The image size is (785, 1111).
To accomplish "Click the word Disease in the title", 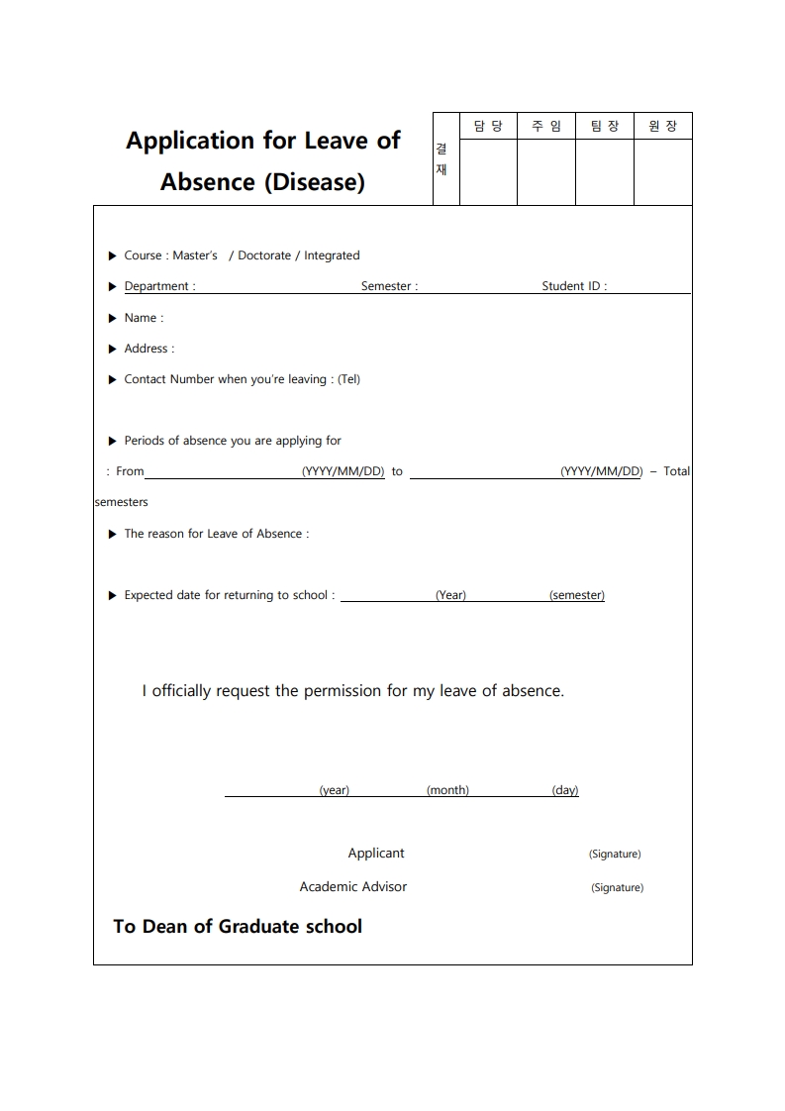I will pyautogui.click(x=315, y=183).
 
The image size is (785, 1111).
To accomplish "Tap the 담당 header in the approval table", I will pyautogui.click(x=488, y=126).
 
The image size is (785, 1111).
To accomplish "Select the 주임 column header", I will pyautogui.click(x=546, y=126).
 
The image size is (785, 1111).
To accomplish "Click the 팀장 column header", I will pyautogui.click(x=605, y=126).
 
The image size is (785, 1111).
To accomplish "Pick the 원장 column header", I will pyautogui.click(x=663, y=126).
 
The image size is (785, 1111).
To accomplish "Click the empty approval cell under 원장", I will pyautogui.click(x=663, y=171).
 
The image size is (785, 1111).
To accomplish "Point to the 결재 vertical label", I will pyautogui.click(x=442, y=159).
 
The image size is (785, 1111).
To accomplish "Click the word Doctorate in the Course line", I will pyautogui.click(x=264, y=255).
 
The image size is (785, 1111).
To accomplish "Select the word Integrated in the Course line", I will pyautogui.click(x=332, y=255).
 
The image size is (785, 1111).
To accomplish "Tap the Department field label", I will pyautogui.click(x=159, y=286).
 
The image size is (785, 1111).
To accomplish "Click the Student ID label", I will pyautogui.click(x=574, y=286).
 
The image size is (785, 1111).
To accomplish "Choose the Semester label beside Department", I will pyautogui.click(x=389, y=286).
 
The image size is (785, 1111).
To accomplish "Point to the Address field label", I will pyautogui.click(x=148, y=349).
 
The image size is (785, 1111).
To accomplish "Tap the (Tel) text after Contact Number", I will pyautogui.click(x=348, y=379).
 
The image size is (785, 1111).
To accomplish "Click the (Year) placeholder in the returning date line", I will pyautogui.click(x=450, y=595).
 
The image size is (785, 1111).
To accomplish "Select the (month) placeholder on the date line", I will pyautogui.click(x=447, y=790).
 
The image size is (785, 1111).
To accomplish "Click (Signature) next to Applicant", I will pyautogui.click(x=615, y=854).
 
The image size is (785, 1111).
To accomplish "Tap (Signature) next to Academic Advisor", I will pyautogui.click(x=617, y=887).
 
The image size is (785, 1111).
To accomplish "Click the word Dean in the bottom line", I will pyautogui.click(x=164, y=927).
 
